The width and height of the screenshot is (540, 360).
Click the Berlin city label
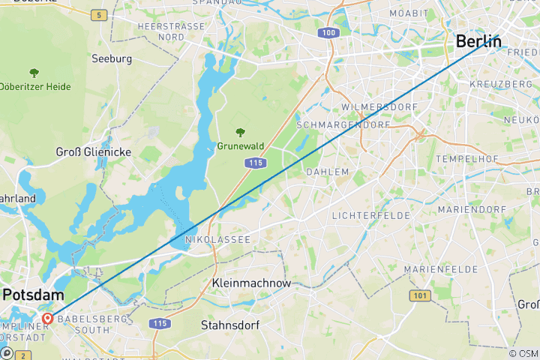478,41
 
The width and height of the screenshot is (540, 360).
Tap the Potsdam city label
31,295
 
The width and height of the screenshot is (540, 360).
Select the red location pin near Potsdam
47,319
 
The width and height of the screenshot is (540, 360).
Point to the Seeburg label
112,58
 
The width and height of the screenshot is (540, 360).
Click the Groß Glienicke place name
94,151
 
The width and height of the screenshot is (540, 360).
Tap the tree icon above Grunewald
240,132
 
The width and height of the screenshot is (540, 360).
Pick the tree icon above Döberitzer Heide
34,73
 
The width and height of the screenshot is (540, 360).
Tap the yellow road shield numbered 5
98,15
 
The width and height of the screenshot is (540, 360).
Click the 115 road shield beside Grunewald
255,162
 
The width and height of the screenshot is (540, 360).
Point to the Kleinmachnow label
251,283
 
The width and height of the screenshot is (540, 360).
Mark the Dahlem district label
328,172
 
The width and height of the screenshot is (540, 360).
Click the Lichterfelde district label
370,215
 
